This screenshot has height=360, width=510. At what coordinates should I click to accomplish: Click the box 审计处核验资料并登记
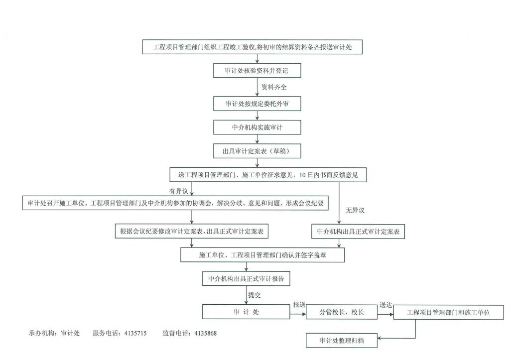click(x=257, y=71)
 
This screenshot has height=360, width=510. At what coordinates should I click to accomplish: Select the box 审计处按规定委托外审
click(x=257, y=104)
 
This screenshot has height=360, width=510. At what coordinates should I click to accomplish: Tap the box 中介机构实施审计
click(x=257, y=127)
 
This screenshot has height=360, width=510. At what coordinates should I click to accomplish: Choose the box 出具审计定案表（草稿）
click(x=257, y=150)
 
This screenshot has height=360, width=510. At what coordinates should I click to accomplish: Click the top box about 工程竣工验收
click(x=257, y=47)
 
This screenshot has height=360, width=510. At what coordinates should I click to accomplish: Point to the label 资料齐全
click(x=274, y=87)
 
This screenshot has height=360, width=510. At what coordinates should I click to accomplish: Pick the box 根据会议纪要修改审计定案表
click(x=192, y=232)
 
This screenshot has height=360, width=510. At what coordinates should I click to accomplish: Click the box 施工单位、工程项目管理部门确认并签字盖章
click(x=262, y=255)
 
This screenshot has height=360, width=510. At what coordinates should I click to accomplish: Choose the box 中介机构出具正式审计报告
click(x=246, y=278)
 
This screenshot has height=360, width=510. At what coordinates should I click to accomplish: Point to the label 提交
click(x=255, y=295)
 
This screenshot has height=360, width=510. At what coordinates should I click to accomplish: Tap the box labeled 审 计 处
click(x=246, y=312)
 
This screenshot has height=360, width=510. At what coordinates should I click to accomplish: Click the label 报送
click(x=299, y=305)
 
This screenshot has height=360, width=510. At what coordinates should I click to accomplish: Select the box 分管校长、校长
click(x=342, y=312)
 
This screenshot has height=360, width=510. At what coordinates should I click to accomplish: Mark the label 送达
click(x=386, y=305)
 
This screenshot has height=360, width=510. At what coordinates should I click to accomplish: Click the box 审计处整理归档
click(x=342, y=341)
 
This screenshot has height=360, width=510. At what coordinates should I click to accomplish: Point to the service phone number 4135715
click(x=133, y=333)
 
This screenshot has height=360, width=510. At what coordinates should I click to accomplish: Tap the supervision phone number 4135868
click(x=203, y=333)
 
